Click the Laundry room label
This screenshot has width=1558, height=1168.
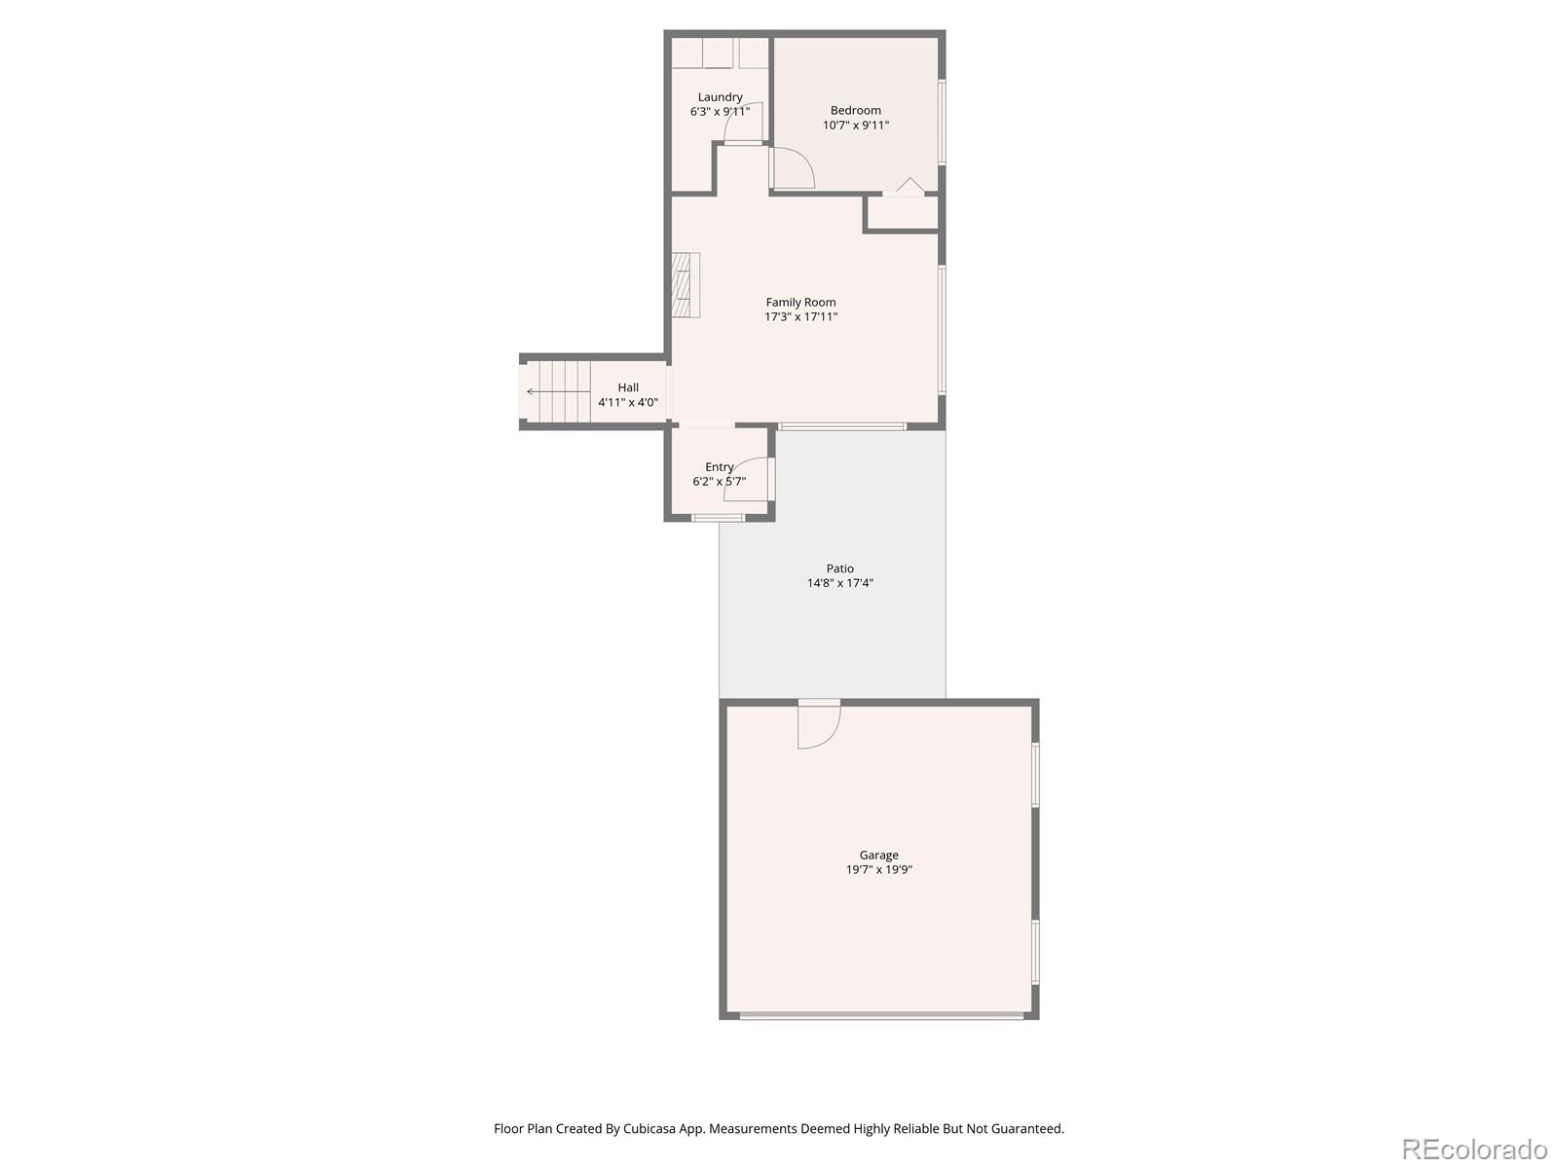[x=720, y=97]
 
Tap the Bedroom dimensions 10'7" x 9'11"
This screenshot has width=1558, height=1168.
[x=856, y=126]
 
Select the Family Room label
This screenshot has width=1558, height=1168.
[x=800, y=303]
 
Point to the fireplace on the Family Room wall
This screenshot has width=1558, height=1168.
[x=686, y=284]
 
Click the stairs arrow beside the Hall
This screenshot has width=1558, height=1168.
[x=555, y=392]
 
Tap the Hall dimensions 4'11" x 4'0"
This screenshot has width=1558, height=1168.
[x=628, y=402]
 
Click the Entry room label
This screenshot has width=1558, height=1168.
[x=719, y=467]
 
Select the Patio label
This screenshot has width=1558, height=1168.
[x=839, y=568]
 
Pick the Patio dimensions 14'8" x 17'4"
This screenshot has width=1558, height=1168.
[x=839, y=584]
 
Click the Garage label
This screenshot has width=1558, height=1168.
[x=878, y=856]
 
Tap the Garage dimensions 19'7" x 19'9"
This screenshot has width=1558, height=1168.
[x=878, y=870]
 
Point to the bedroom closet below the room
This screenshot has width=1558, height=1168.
[x=903, y=212]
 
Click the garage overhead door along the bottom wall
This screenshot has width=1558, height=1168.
[x=881, y=1015]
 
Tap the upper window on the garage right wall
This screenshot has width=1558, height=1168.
[x=1036, y=775]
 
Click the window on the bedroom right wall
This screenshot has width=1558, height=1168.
[x=942, y=122]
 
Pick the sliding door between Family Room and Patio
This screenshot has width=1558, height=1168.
[x=842, y=426]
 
